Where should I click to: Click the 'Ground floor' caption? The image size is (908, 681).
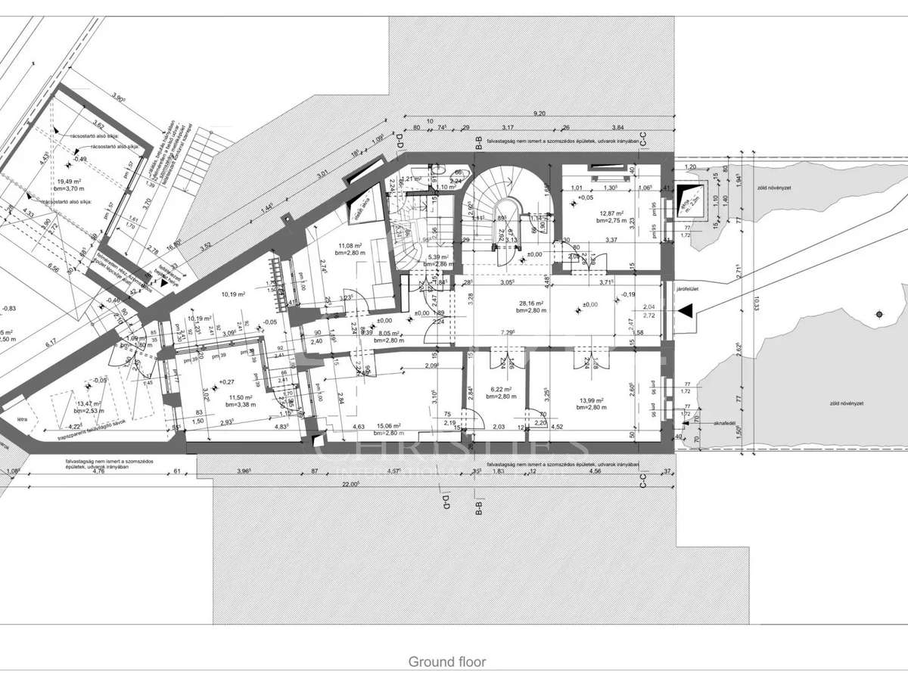pos(447,661)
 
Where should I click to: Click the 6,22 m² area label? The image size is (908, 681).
pos(501,390)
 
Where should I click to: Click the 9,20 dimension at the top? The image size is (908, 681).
pos(540,113)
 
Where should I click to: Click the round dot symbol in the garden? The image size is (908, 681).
pos(878,314)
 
